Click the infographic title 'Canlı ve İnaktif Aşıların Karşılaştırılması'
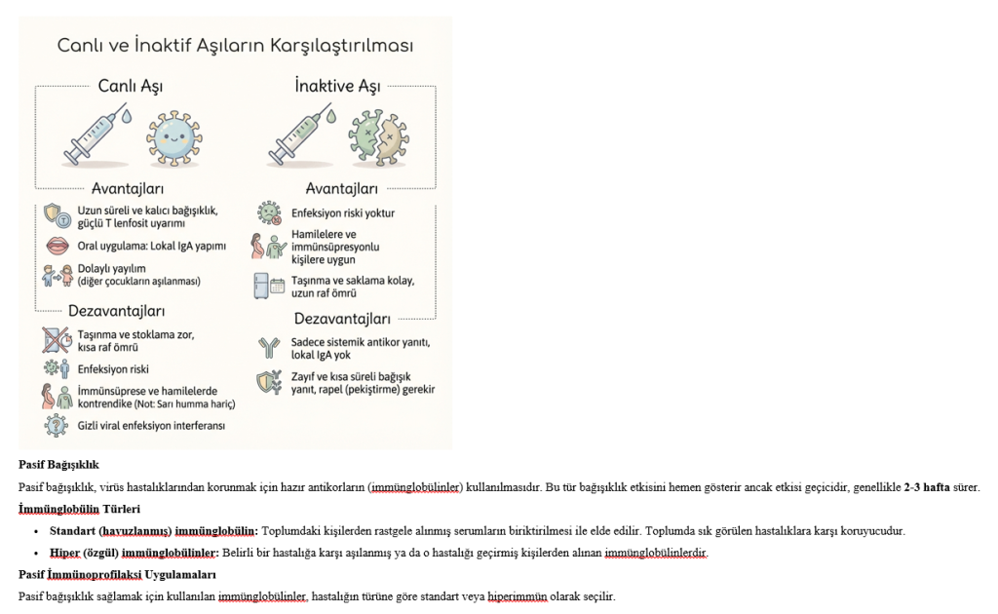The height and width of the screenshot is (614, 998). [235, 45]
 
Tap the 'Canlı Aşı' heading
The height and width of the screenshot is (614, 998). [130, 87]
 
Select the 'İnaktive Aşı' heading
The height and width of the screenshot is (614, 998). [337, 87]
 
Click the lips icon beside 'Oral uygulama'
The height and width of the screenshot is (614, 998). [58, 246]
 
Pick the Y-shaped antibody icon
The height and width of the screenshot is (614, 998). [268, 348]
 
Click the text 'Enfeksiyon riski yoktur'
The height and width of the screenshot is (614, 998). [343, 212]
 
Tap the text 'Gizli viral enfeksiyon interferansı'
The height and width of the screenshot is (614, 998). [151, 425]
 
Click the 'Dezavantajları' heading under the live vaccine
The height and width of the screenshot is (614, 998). [116, 312]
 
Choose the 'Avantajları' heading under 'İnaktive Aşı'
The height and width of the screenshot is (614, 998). [341, 188]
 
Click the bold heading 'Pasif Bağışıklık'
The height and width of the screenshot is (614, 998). [58, 465]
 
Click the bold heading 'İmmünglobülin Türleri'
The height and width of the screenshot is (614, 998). [79, 509]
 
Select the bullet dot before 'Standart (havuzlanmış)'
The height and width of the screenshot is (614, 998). [37, 531]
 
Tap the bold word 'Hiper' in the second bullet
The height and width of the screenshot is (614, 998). [65, 553]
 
